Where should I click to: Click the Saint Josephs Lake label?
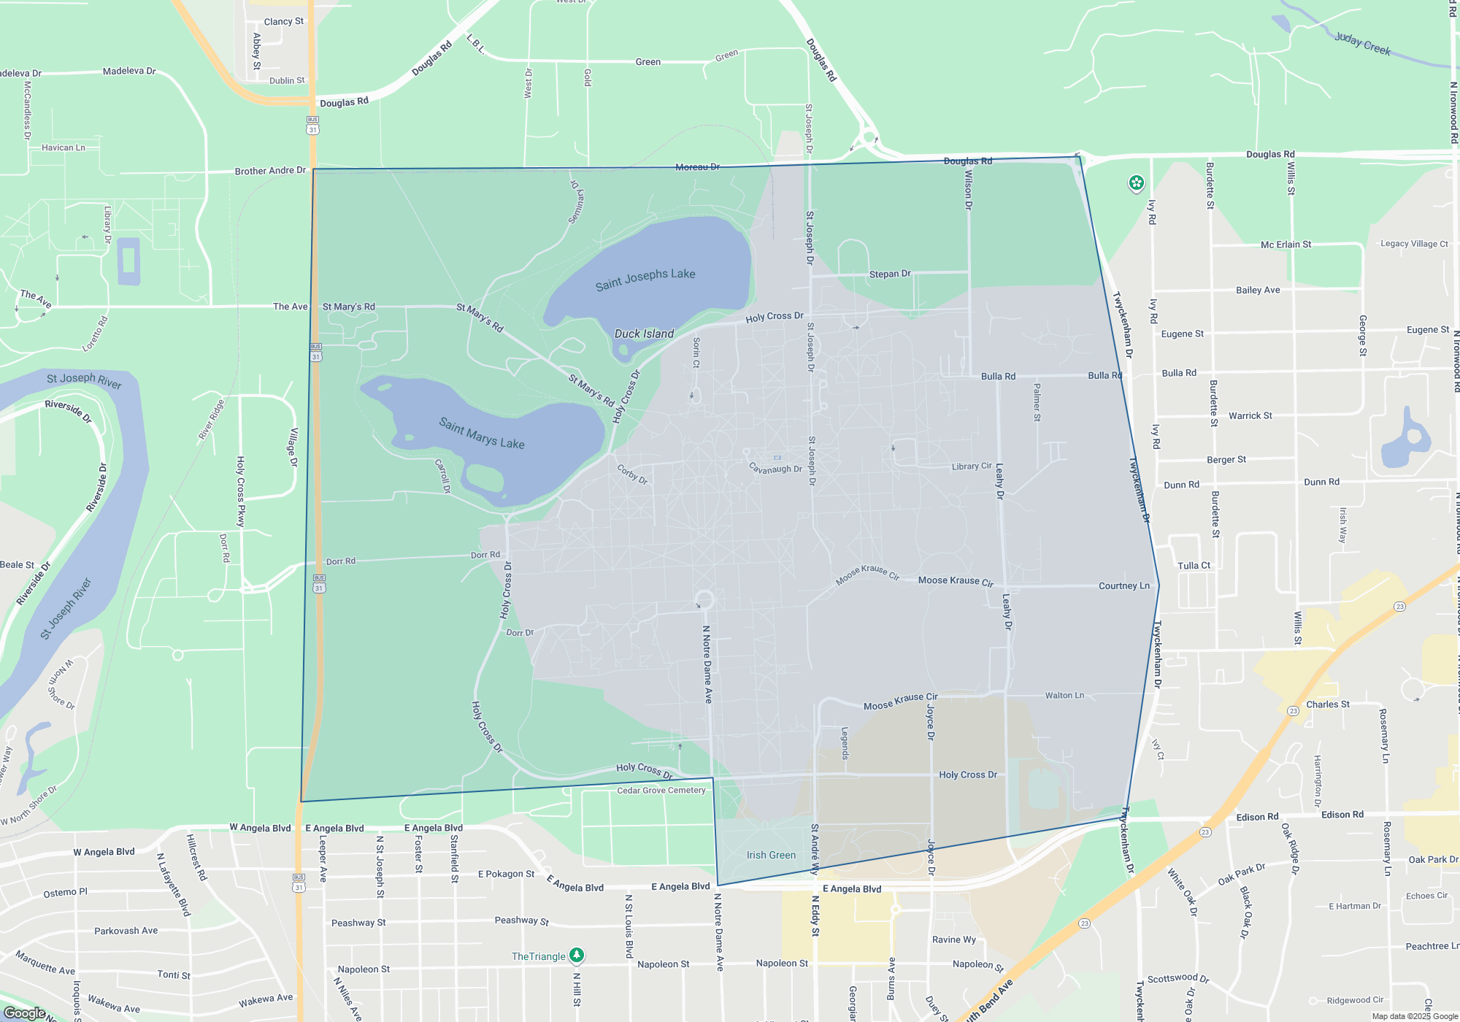click(x=645, y=279)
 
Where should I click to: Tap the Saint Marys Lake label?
click(x=482, y=433)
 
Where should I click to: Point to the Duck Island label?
click(x=644, y=334)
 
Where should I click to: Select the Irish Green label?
click(x=771, y=855)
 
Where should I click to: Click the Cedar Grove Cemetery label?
click(x=661, y=791)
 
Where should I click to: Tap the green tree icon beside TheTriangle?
click(x=577, y=955)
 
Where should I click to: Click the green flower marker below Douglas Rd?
click(x=1136, y=182)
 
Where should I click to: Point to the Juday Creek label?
click(x=1362, y=44)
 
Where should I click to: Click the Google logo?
click(x=24, y=1013)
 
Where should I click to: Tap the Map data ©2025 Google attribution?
click(x=1414, y=1016)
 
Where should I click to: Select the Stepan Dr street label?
click(x=890, y=274)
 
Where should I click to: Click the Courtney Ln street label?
click(x=1123, y=586)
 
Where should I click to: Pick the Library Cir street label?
click(x=972, y=466)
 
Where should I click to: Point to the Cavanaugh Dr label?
click(x=775, y=469)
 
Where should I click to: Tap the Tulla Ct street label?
click(x=1194, y=566)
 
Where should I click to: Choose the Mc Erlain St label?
click(x=1286, y=245)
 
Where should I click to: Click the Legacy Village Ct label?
click(x=1414, y=244)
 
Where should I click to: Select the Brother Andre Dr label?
click(x=270, y=171)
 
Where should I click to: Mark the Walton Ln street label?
click(x=1064, y=696)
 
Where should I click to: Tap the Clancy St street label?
click(x=284, y=22)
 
